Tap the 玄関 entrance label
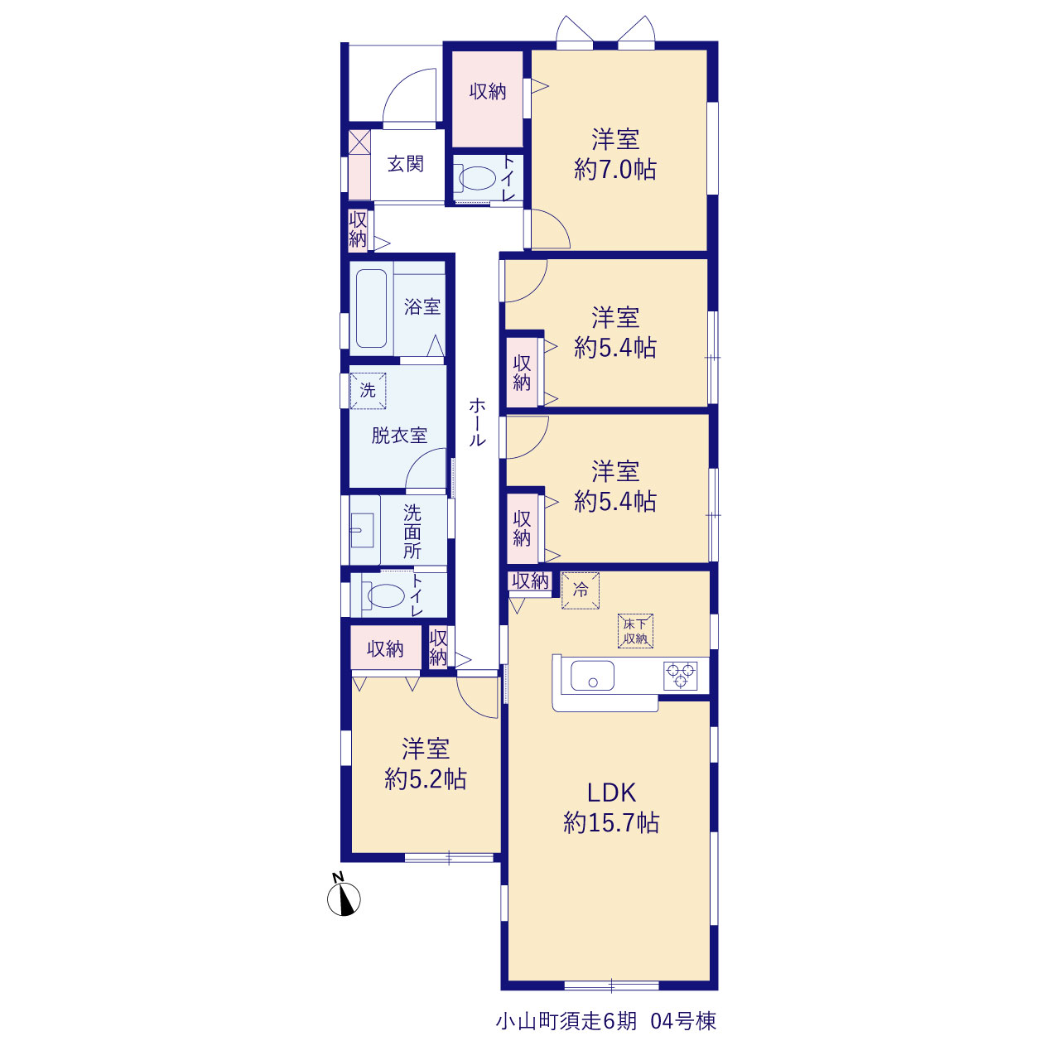(x=406, y=164)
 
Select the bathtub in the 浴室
(x=371, y=308)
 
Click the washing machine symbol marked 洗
(x=368, y=391)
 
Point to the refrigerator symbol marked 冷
(x=581, y=590)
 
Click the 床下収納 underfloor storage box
(x=635, y=631)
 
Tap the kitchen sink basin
(x=592, y=676)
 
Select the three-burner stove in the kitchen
(x=681, y=676)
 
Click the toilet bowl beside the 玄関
(x=476, y=178)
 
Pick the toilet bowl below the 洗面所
(x=386, y=595)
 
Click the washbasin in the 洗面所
(x=362, y=530)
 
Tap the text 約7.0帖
(x=615, y=169)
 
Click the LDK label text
(x=611, y=793)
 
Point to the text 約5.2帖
(x=425, y=779)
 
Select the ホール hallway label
(x=477, y=422)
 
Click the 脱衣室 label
(x=399, y=436)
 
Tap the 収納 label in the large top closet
(x=488, y=91)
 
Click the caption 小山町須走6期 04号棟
(x=606, y=1022)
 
